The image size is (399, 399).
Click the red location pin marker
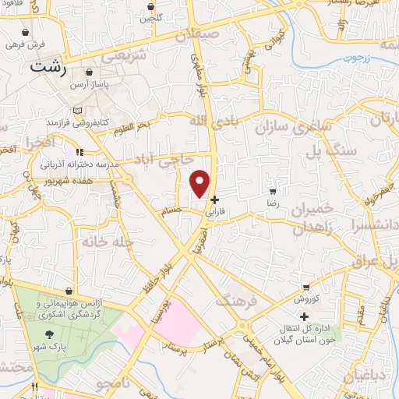coord(201,182)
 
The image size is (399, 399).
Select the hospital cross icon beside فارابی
coord(215,199)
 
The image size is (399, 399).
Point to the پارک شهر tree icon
coord(50,333)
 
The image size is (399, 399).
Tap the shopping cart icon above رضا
coord(272,191)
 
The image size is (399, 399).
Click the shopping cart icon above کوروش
coord(307,287)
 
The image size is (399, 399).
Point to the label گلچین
coord(151,16)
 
